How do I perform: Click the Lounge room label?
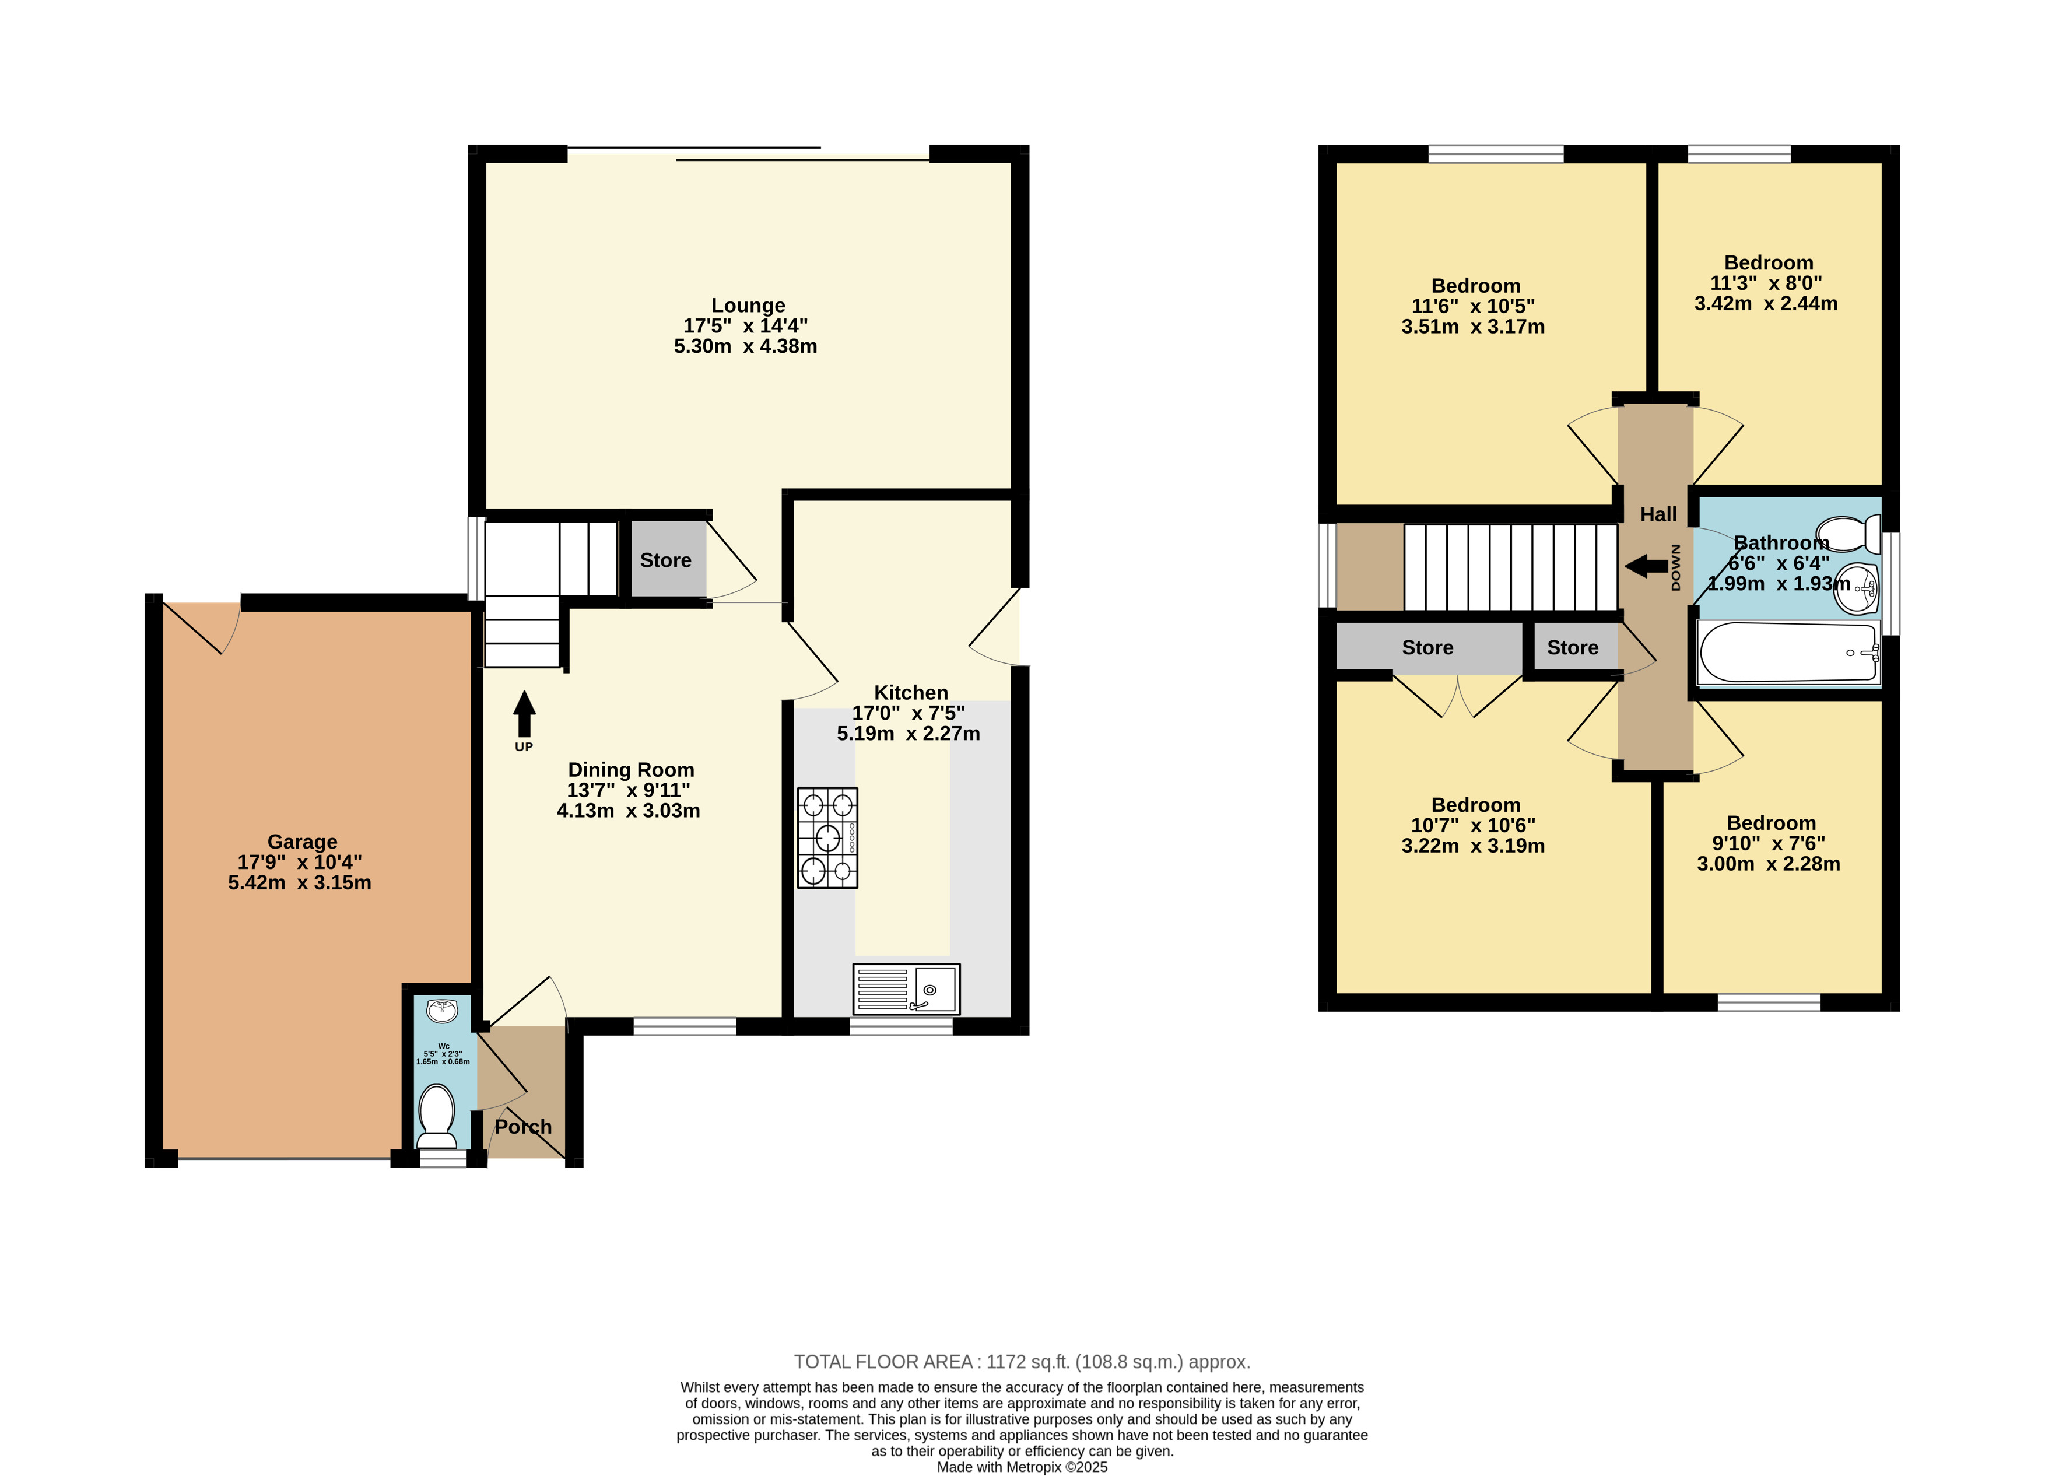coord(748,306)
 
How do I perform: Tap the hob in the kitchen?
coord(827,837)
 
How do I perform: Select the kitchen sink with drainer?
coord(906,989)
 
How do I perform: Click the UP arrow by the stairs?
coord(524,714)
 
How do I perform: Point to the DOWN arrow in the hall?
coord(1646,566)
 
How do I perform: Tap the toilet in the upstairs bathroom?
coord(1848,534)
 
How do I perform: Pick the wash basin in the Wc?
coord(442,1010)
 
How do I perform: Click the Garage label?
coord(302,842)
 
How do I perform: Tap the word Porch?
coord(523,1126)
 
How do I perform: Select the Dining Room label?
coord(631,770)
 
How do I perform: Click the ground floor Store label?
coord(665,560)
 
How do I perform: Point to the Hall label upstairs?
coord(1658,514)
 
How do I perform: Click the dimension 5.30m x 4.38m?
coord(746,346)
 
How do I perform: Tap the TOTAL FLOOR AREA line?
coord(1022,1362)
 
